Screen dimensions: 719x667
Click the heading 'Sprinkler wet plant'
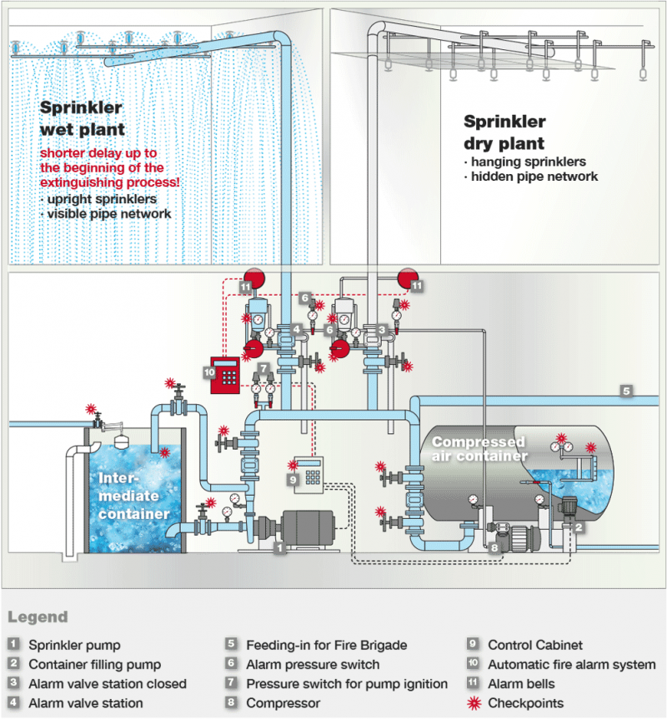(x=83, y=119)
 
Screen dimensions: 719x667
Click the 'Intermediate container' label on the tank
(x=133, y=496)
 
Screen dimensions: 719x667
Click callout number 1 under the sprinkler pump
(x=280, y=548)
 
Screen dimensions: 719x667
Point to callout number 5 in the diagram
(x=625, y=390)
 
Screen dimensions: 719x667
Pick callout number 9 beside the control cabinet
(x=292, y=480)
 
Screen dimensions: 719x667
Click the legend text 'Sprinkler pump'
(x=74, y=645)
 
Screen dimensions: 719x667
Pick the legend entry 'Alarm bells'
(x=521, y=684)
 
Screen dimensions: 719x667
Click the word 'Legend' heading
(x=38, y=617)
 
